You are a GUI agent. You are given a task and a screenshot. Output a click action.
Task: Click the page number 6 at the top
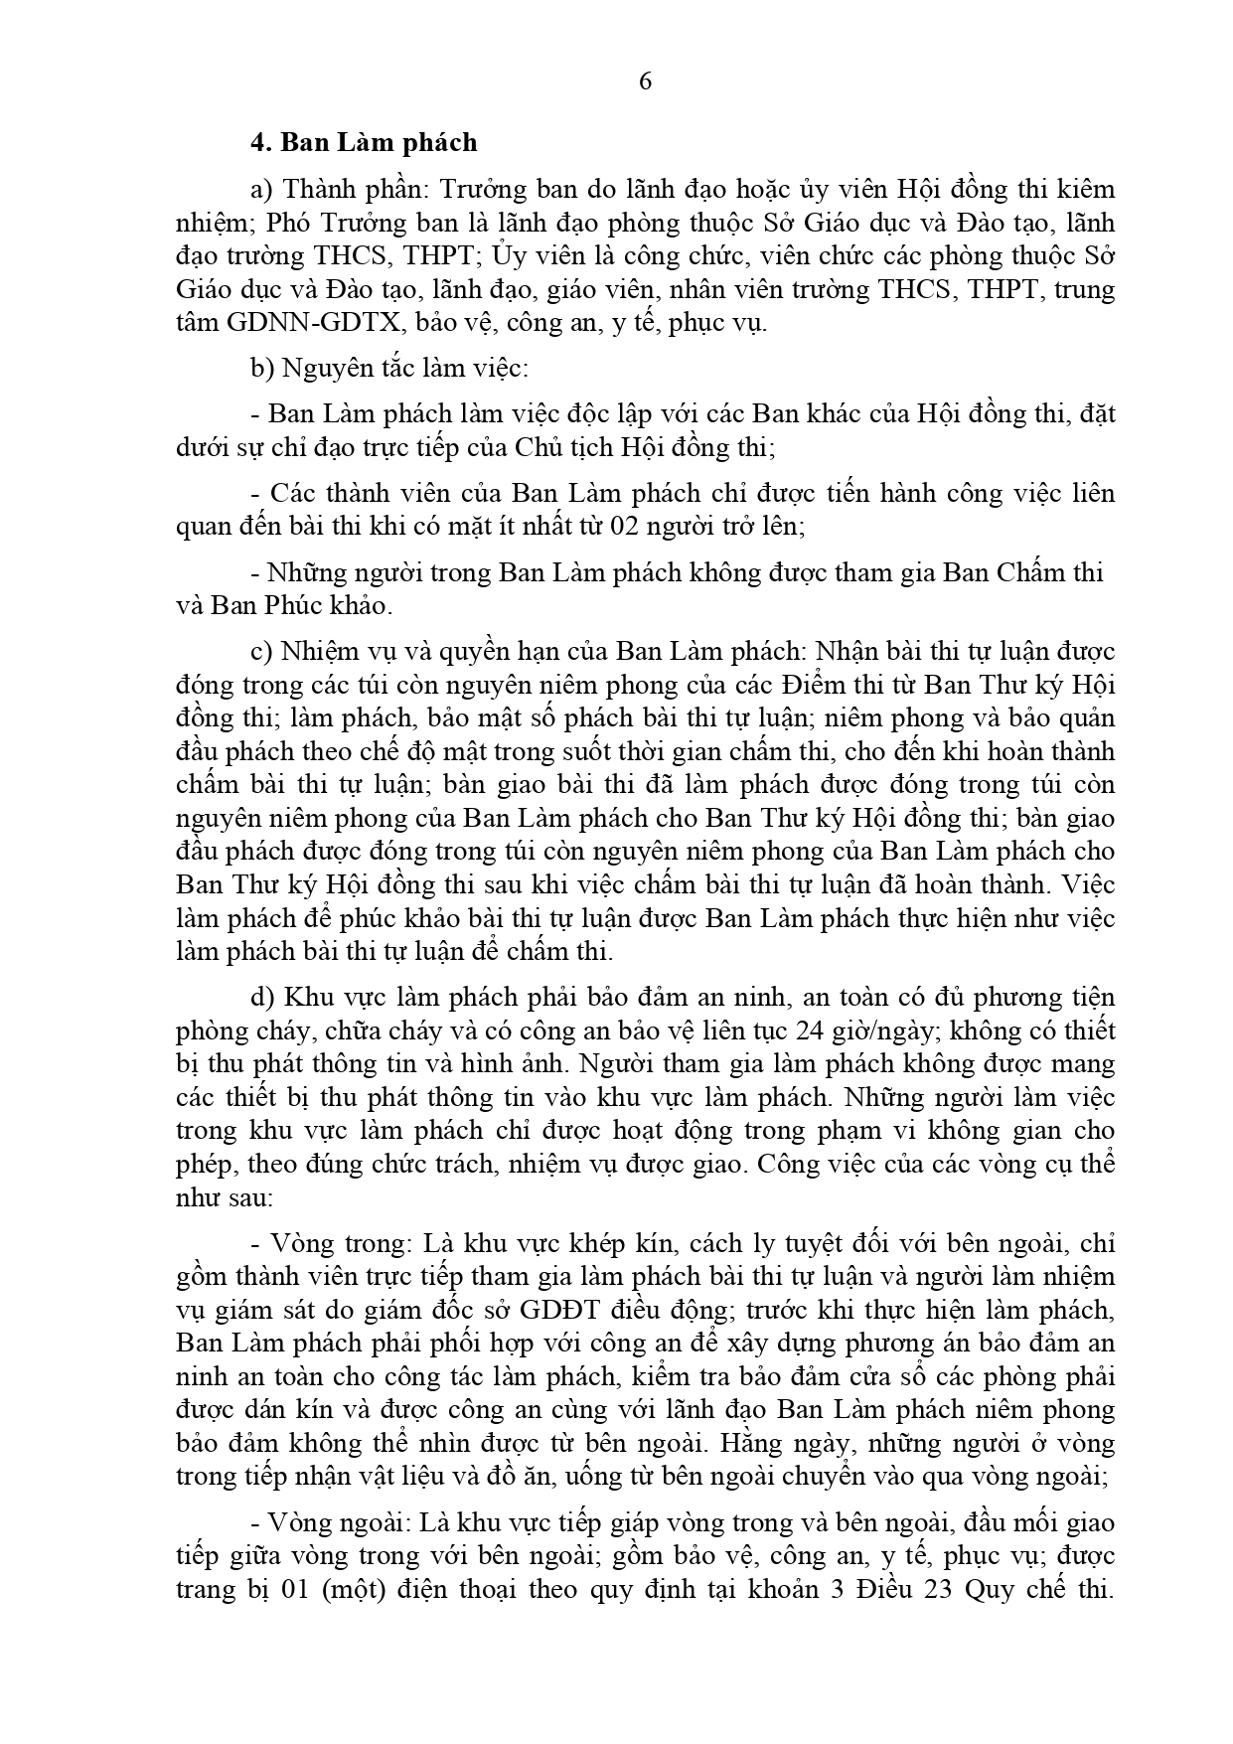645,82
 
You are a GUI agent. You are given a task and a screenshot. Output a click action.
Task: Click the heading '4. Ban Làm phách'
364,143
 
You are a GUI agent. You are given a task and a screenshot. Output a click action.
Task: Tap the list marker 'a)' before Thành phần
262,189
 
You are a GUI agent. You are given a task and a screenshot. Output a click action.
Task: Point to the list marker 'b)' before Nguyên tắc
262,370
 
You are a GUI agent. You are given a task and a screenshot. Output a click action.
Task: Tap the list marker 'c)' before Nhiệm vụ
261,652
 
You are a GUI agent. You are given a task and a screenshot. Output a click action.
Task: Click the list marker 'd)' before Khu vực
262,998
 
